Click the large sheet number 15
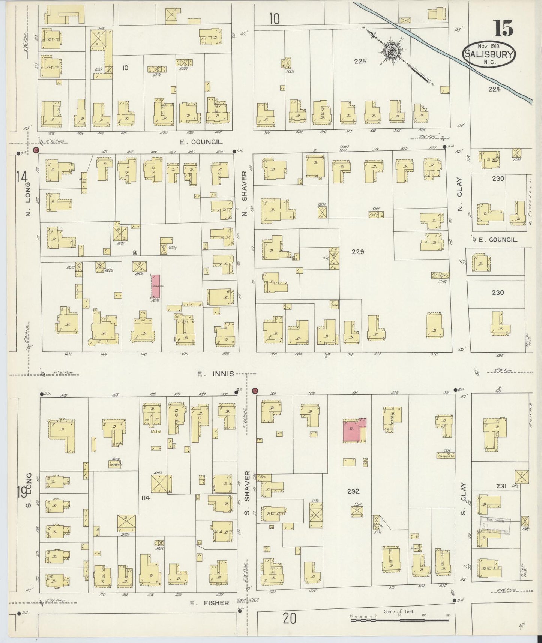coord(503,28)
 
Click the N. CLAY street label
coord(460,199)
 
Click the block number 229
coord(357,252)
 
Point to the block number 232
coord(353,491)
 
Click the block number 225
coord(360,61)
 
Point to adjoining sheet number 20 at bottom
coord(289,619)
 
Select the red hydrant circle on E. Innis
coord(255,391)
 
